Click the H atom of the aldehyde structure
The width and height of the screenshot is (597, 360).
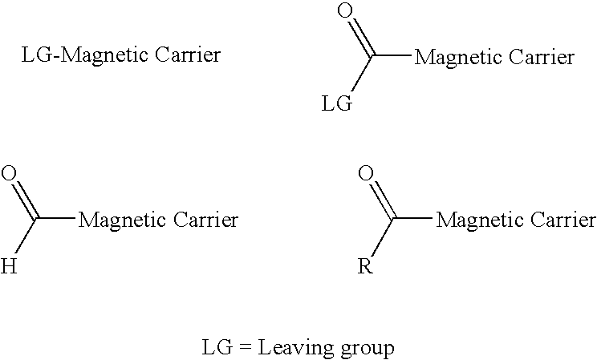9,266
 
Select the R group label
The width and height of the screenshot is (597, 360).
365,266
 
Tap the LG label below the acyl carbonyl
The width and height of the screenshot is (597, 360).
337,103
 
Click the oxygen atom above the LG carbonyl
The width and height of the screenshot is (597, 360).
345,10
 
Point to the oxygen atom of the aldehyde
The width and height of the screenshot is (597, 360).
9,173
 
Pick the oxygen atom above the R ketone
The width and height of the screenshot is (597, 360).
366,173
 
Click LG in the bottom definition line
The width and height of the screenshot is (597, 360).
217,347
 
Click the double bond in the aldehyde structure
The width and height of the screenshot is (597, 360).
25,200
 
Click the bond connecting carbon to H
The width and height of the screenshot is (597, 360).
26,237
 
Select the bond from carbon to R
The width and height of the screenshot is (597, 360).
383,237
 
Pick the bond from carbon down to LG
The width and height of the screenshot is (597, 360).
362,75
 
